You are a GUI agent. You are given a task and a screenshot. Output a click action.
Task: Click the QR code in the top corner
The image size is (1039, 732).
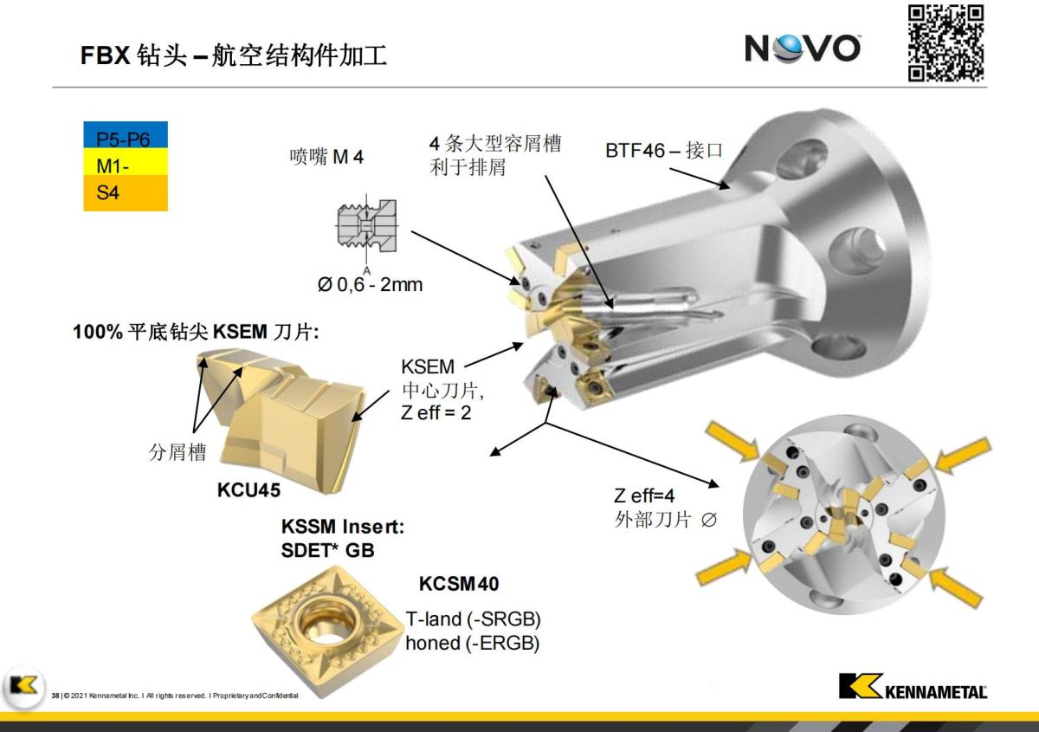coord(945,42)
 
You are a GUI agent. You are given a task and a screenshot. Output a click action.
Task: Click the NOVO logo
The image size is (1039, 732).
coord(802,48)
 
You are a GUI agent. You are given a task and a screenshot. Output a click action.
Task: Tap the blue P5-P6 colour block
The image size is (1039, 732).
coord(125,134)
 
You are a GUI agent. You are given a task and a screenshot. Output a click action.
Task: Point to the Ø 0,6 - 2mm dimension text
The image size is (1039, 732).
coord(370,284)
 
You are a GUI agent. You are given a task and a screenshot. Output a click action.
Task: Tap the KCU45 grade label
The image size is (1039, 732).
coord(248,490)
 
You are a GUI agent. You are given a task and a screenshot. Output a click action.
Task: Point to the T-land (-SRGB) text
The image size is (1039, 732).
coord(473,620)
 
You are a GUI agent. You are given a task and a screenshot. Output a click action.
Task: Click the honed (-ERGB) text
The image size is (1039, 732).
coord(473,644)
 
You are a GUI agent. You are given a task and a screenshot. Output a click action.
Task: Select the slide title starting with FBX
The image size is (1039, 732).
coord(234,56)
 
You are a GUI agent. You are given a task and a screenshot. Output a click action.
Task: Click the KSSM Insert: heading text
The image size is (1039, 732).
coord(343,527)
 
